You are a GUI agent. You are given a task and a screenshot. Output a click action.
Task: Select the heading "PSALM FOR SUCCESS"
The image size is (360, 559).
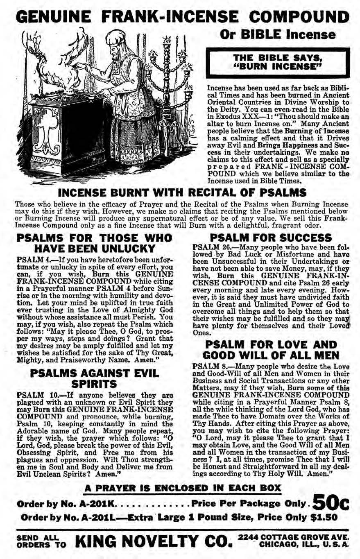[x=270, y=238]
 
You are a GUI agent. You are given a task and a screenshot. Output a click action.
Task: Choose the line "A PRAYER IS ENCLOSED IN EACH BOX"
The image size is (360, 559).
[x=183, y=488]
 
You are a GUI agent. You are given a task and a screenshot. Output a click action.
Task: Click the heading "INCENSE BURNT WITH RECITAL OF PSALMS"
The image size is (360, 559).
[x=182, y=192]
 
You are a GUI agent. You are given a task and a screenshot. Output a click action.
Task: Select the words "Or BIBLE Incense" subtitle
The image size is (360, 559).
[x=278, y=35]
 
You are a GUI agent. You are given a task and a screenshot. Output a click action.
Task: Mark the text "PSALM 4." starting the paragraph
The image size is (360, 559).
[x=30, y=260]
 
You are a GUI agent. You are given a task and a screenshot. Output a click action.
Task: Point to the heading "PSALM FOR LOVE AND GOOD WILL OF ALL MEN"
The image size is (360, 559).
[x=271, y=349]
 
